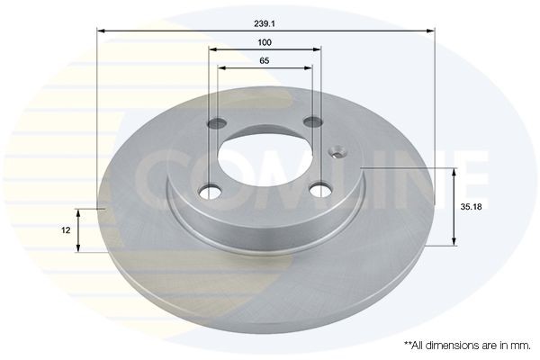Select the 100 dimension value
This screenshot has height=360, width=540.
point(265,42)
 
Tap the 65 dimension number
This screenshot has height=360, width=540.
point(265,61)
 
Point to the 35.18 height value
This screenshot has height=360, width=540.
point(469,206)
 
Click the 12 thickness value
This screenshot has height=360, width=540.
point(66,230)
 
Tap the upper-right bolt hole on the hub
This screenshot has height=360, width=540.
point(311,121)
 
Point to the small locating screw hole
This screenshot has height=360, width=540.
point(339,152)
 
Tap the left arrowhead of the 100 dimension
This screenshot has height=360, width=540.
point(212,50)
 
